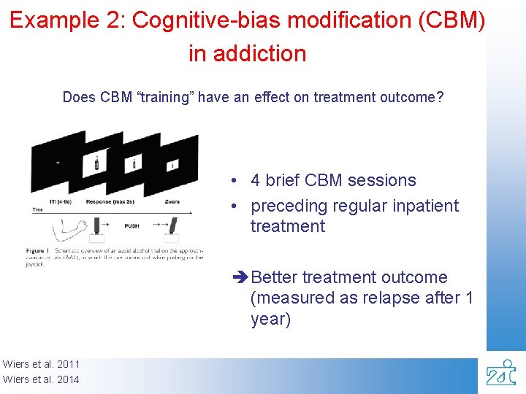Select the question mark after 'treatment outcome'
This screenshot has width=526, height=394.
click(440, 97)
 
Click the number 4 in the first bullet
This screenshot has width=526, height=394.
click(256, 180)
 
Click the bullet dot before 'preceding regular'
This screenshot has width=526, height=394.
click(232, 206)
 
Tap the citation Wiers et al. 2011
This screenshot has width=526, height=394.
click(41, 364)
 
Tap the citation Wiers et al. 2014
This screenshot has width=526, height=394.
click(41, 379)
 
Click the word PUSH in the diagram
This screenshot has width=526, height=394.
click(131, 226)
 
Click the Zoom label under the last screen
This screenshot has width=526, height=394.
click(172, 201)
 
